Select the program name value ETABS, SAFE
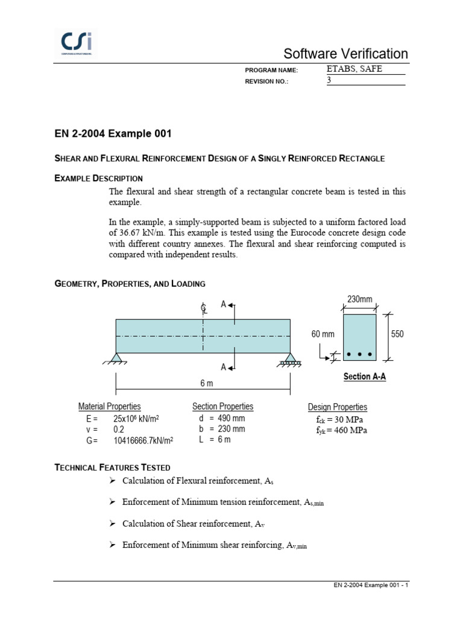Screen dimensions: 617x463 (354, 69)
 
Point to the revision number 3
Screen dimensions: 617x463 (330, 80)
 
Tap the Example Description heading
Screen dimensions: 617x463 (99, 178)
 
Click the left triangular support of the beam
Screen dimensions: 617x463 (117, 359)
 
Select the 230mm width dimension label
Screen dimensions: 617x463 (359, 299)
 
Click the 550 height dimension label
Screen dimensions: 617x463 (398, 334)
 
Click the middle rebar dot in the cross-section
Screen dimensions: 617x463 (359, 354)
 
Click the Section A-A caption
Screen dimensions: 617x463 (364, 377)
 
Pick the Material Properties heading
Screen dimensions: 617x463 (110, 407)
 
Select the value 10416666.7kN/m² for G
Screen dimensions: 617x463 (143, 440)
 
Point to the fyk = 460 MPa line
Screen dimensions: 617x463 (342, 430)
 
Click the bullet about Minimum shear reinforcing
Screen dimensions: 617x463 (214, 545)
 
